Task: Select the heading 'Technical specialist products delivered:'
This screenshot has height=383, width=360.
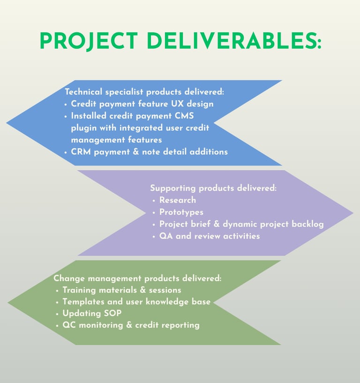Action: [138, 92]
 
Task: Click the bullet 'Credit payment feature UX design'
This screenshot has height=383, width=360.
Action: [142, 104]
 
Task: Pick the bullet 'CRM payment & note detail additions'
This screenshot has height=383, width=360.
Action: [149, 151]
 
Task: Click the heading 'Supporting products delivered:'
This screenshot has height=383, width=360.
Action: [213, 188]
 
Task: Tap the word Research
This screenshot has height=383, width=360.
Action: [178, 200]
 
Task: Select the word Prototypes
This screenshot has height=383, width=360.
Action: [181, 212]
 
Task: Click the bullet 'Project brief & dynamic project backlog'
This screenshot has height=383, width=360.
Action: [241, 224]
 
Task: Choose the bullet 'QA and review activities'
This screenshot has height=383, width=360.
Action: [209, 236]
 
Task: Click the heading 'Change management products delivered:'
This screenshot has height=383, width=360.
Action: [137, 278]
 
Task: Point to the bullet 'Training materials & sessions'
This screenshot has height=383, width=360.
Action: [121, 290]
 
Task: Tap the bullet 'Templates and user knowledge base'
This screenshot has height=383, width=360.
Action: [136, 302]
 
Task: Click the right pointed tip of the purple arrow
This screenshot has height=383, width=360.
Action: [352, 213]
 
